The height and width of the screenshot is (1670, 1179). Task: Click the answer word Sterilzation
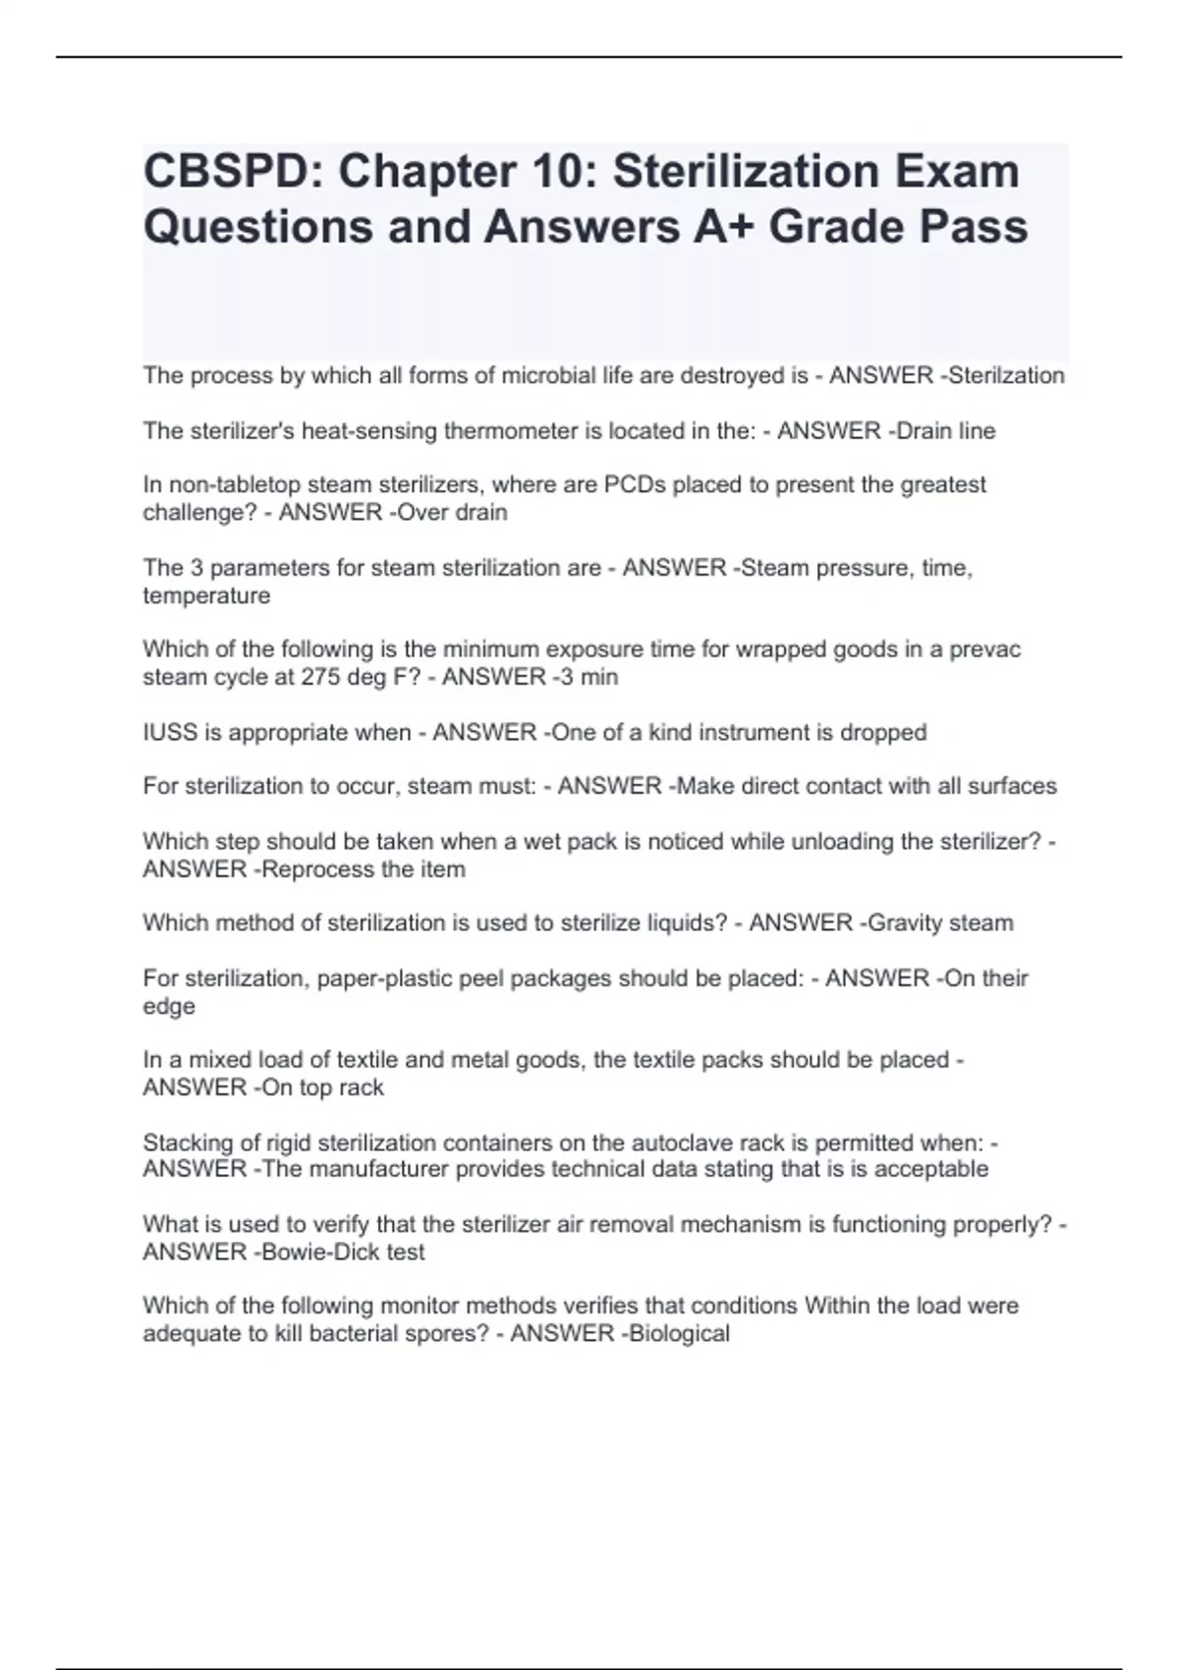click(x=1006, y=375)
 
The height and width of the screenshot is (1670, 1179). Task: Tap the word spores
click(x=451, y=1334)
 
